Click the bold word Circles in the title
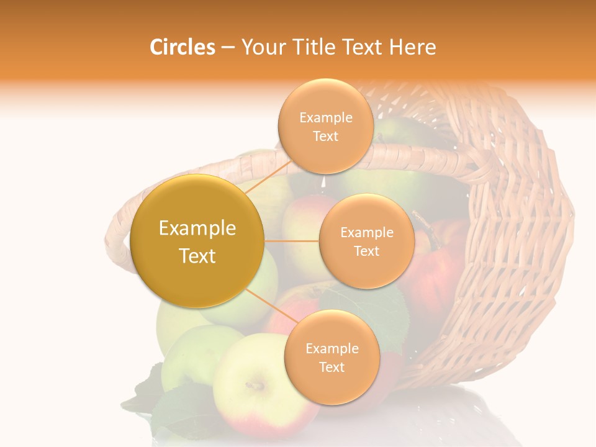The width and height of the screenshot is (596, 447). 182,47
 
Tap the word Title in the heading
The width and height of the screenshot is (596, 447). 308,47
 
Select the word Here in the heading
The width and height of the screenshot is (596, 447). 413,47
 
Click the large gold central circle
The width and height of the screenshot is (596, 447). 197,241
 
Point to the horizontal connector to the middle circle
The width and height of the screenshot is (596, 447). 292,241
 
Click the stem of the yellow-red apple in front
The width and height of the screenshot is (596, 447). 253,386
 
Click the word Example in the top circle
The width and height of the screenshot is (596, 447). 325,118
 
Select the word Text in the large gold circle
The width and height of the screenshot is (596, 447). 197,256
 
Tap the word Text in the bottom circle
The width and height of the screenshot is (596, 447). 332,367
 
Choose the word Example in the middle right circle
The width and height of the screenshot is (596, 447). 366,233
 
